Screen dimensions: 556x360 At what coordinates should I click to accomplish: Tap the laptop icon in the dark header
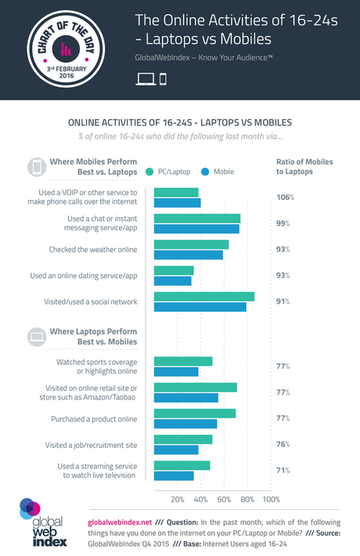(146, 78)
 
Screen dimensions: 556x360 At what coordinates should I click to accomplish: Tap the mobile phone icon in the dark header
(163, 78)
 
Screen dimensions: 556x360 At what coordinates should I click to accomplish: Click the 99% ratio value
(283, 223)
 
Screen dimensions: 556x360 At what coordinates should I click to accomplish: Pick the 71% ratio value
(283, 470)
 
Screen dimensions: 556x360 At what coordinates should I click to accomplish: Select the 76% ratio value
(283, 444)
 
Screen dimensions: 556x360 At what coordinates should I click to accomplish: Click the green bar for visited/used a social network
(204, 297)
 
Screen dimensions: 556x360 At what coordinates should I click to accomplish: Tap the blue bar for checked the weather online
(189, 255)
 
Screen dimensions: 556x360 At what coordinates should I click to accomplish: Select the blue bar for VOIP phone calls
(178, 203)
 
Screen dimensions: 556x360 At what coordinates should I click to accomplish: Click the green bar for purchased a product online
(195, 413)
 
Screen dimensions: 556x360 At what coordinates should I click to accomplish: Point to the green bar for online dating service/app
(174, 270)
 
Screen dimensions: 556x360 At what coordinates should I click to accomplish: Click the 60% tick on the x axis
(224, 500)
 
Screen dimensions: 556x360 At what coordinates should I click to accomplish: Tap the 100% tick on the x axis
(270, 500)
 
